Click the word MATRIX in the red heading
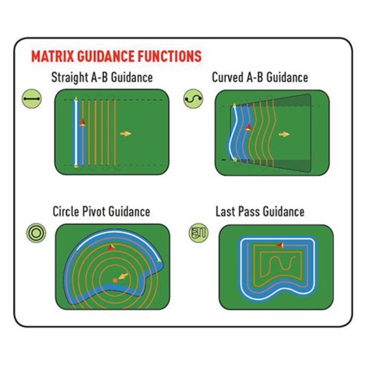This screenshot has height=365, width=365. point(53,56)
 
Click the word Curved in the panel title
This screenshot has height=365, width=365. point(228,77)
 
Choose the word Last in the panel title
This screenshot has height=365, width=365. point(225,212)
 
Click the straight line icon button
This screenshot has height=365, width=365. point(32,99)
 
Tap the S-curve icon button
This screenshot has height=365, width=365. point(193,99)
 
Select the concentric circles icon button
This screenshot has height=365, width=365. point(36,233)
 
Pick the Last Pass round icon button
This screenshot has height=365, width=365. point(198,233)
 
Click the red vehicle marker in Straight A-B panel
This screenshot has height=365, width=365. point(82,122)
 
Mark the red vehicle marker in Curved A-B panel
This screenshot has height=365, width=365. point(248,127)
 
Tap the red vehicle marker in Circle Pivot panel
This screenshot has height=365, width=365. point(111,247)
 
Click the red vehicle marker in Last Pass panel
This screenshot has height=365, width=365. point(280,245)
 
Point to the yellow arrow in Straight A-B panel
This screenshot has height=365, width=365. point(126,134)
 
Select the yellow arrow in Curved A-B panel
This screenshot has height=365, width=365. point(284,134)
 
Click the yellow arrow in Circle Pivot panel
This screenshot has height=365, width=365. point(123,276)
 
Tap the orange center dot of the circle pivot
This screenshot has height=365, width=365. point(115,280)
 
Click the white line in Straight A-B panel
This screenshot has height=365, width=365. point(76,132)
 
